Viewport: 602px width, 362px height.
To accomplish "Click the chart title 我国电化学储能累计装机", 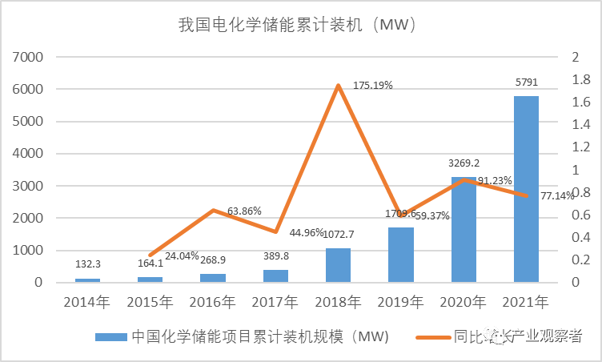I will click(301, 26).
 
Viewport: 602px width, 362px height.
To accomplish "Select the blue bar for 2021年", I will click(526, 189).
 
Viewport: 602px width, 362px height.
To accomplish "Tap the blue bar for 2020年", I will click(464, 230).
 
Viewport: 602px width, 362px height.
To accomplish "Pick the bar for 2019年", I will click(401, 255).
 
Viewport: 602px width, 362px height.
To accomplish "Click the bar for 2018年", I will click(338, 265).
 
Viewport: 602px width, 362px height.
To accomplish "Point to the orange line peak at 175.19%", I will click(339, 85).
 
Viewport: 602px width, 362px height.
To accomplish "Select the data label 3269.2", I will click(464, 163).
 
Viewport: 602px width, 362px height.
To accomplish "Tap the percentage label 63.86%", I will click(245, 211).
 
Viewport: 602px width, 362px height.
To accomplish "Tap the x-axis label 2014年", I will click(88, 302).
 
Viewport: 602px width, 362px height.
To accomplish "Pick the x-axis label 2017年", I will click(275, 302).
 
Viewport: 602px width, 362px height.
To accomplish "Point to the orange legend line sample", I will click(431, 337).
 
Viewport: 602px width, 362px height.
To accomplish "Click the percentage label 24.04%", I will click(182, 256).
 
